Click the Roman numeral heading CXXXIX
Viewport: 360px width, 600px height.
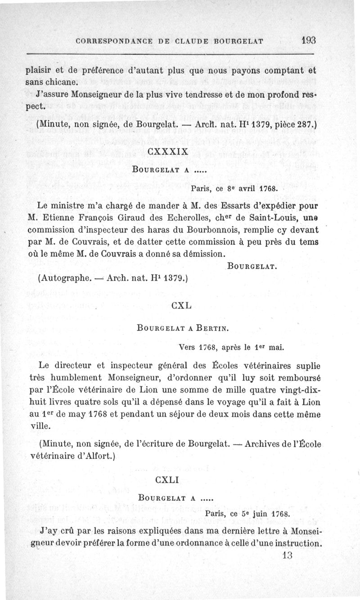167,152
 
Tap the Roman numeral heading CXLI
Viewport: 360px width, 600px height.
166,480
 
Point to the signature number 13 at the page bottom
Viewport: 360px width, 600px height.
287,555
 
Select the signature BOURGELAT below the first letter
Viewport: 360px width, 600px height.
252,267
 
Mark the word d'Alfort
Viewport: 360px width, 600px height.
95,456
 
